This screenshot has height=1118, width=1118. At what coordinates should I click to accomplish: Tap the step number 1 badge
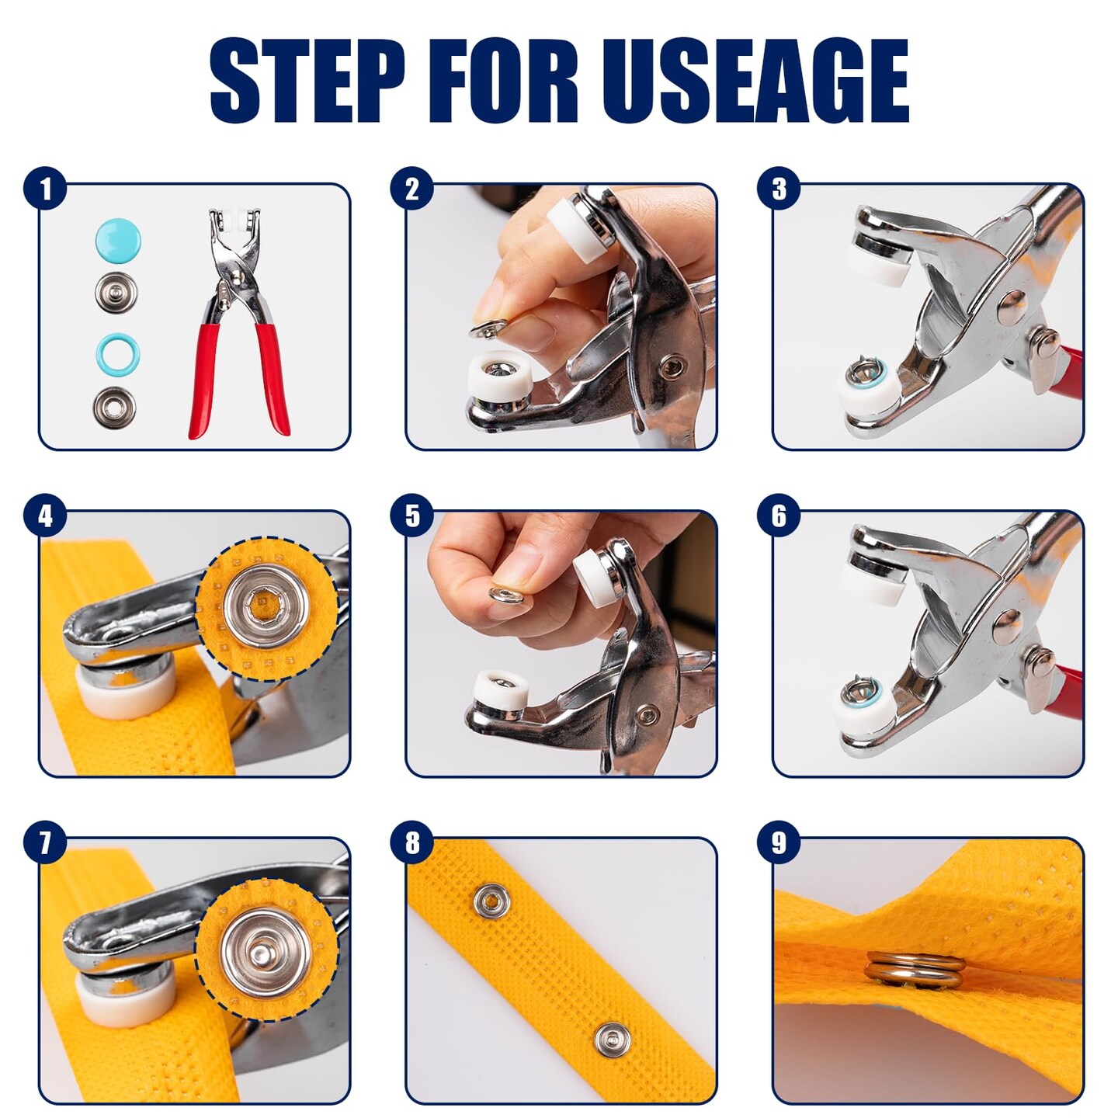[x=45, y=189]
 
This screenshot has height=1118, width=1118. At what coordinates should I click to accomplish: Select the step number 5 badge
[x=412, y=516]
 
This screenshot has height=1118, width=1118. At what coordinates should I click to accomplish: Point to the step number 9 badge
[x=779, y=843]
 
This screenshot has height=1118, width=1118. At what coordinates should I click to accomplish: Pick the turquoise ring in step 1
[x=117, y=355]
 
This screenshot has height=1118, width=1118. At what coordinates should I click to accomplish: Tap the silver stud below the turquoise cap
[x=117, y=292]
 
